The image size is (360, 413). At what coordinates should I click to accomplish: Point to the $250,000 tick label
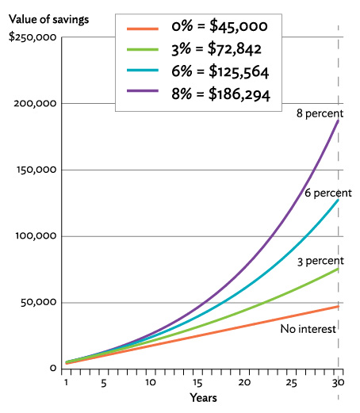31,36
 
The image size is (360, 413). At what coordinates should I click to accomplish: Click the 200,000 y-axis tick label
35,103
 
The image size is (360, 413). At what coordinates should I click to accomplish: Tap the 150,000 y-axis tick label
35,170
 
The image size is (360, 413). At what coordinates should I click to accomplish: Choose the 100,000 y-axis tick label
35,236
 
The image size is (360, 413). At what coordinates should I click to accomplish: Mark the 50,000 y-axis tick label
37,302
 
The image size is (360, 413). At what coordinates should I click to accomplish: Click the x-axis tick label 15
198,380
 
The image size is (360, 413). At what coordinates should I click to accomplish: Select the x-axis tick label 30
339,380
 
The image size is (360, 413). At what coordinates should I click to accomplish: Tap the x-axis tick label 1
67,380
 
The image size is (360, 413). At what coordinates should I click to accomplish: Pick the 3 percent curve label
321,261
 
